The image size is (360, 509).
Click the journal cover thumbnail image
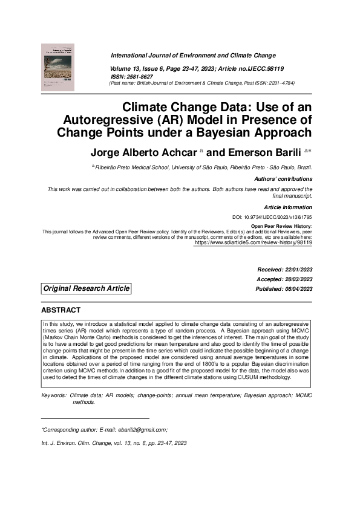[57, 67]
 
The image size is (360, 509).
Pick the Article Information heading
[289, 207]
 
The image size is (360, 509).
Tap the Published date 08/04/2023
[299, 289]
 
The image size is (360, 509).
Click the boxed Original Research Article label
[86, 289]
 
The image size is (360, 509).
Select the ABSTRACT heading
[61, 310]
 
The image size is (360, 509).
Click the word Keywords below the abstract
[53, 395]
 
